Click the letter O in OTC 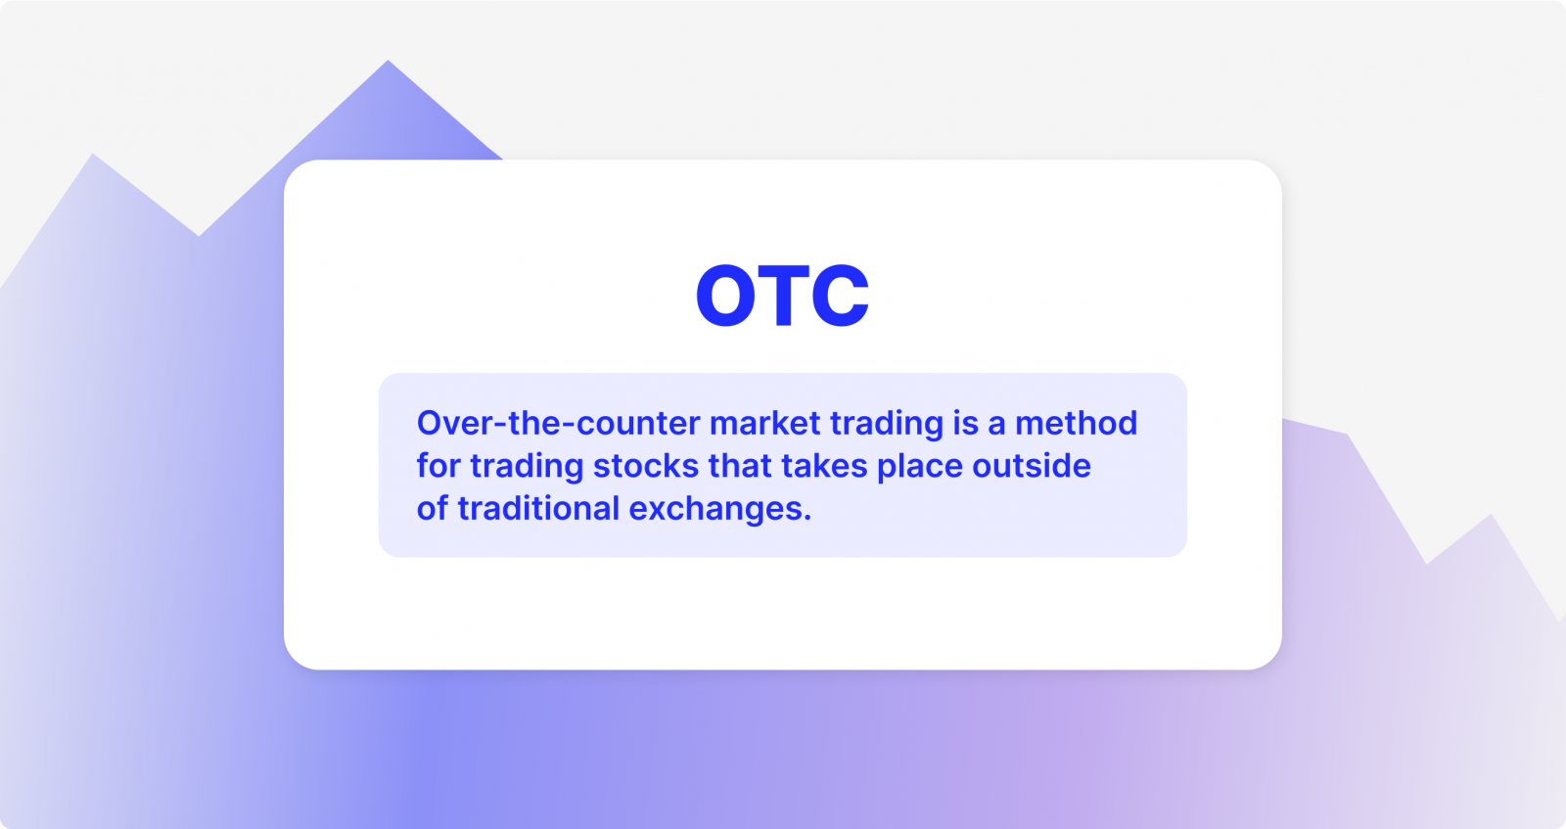click(x=725, y=296)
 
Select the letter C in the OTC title click(x=840, y=296)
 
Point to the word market click(x=764, y=423)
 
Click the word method click(x=1076, y=423)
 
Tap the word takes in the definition click(x=824, y=466)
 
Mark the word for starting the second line click(x=438, y=466)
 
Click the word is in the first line click(x=965, y=423)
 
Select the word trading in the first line click(x=886, y=424)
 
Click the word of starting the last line click(x=432, y=509)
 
